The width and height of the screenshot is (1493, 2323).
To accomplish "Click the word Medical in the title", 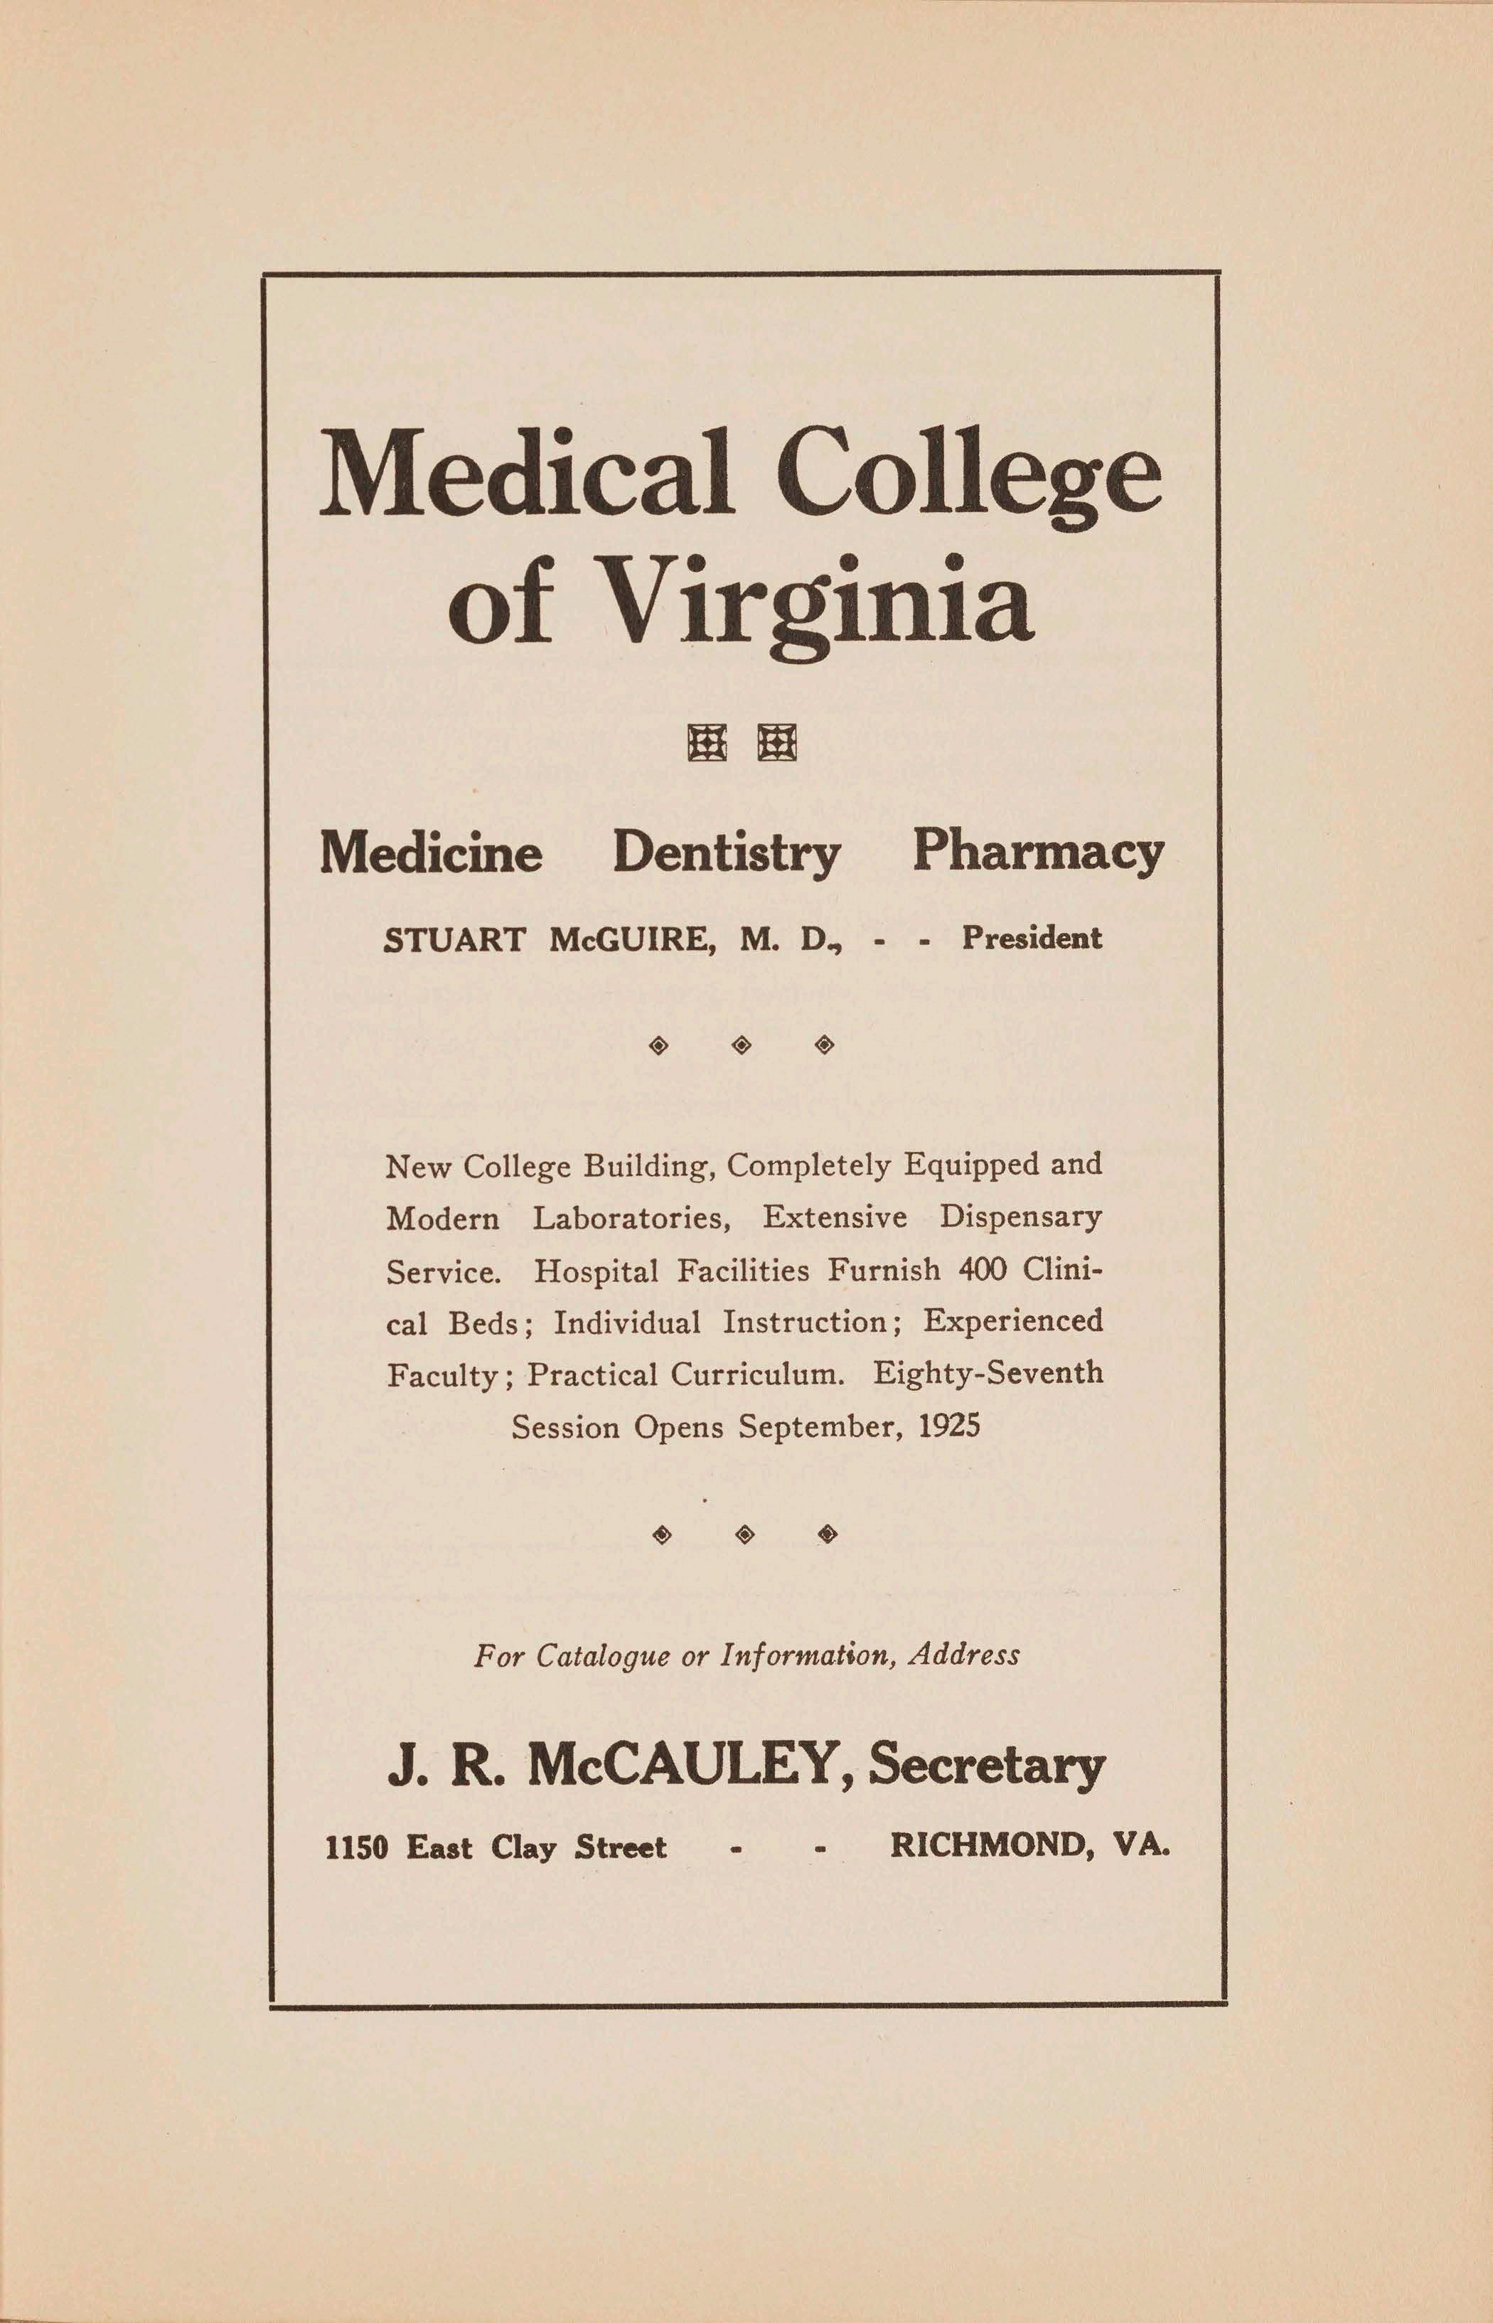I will click(x=525, y=475).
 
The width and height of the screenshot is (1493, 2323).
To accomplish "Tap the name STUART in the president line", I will click(x=455, y=939).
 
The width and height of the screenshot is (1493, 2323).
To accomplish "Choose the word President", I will click(x=1032, y=939).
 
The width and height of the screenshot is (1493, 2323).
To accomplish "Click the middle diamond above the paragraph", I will click(x=742, y=1045).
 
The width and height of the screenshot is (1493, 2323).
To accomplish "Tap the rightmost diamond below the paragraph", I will click(x=827, y=1534).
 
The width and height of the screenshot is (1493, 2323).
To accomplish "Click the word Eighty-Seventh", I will click(x=988, y=1374).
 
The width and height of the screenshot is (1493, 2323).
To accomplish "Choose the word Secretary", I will click(x=987, y=1766).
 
